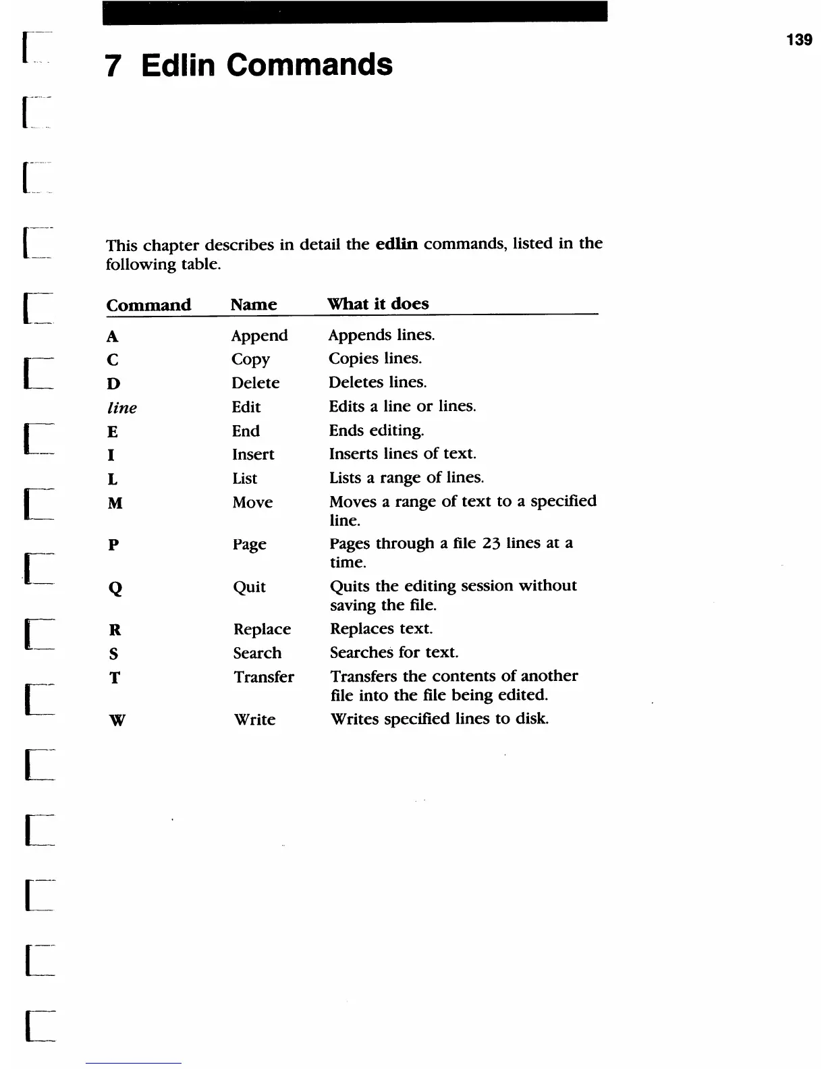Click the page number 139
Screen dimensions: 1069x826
[799, 40]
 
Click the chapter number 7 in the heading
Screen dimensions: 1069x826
[113, 65]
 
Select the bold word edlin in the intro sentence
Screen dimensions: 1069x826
[396, 244]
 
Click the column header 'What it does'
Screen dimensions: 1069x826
[378, 304]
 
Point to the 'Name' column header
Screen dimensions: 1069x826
[253, 304]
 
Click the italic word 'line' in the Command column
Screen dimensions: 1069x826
[122, 408]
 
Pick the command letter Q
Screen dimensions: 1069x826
[115, 588]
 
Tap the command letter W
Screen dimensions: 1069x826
[117, 720]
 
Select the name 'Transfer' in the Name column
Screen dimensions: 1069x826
[263, 677]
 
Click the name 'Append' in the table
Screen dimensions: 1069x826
[259, 335]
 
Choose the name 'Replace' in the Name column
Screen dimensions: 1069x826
[262, 629]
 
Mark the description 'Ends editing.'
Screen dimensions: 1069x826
[376, 431]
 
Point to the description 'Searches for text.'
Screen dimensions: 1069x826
[393, 653]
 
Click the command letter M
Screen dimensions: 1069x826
[115, 503]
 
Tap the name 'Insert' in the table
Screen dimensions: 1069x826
[253, 454]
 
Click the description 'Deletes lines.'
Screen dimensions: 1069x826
[377, 383]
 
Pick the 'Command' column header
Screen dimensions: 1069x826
[148, 305]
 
